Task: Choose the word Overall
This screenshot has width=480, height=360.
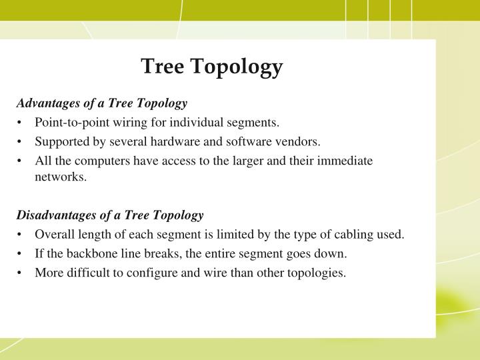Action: (53, 235)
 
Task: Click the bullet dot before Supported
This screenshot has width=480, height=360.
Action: (21, 141)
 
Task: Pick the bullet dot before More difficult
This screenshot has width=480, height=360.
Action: (21, 273)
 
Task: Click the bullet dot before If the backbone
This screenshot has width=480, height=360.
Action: (21, 253)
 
